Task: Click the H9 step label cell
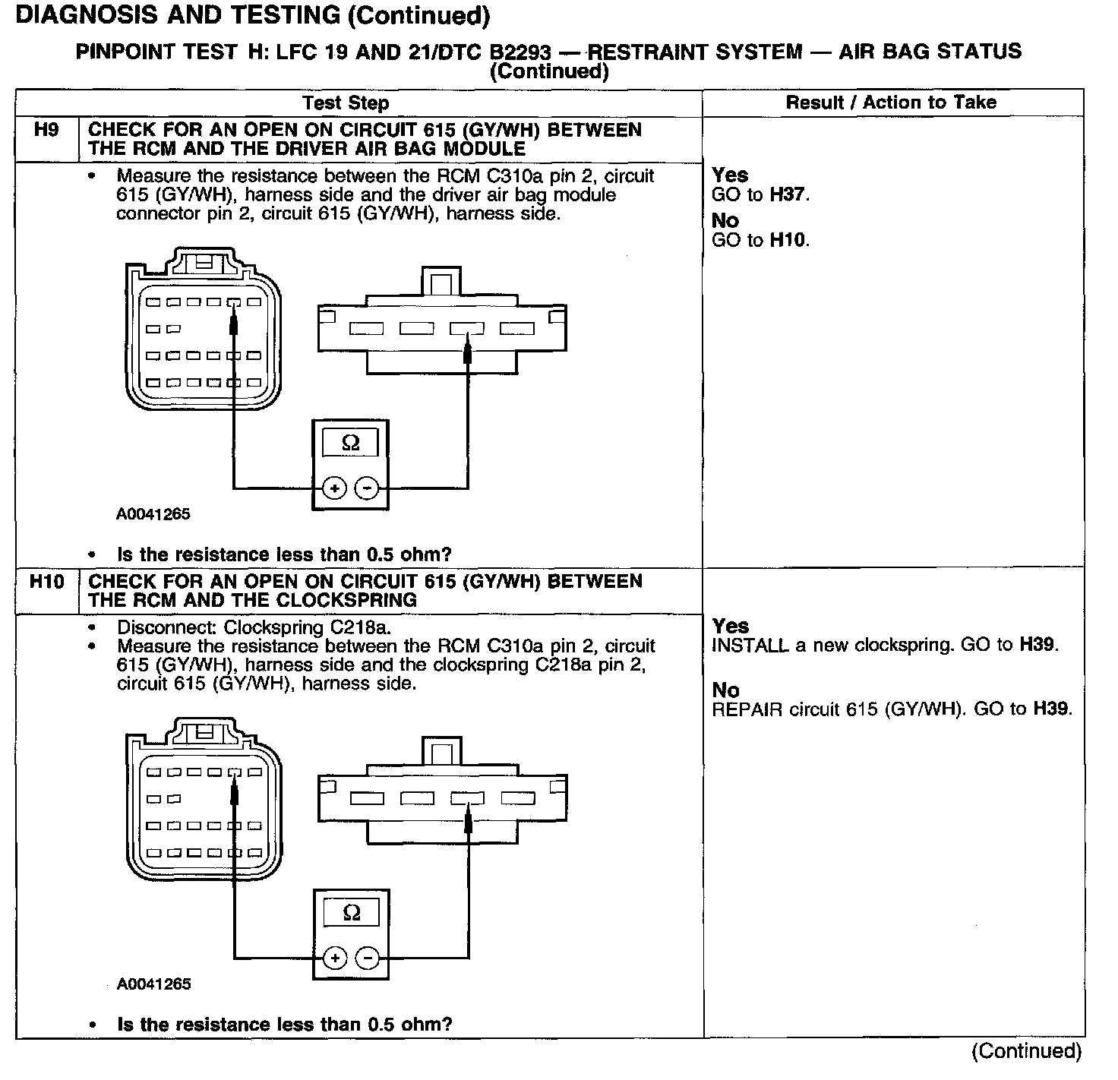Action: tap(46, 131)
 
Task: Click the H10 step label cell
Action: tap(46, 583)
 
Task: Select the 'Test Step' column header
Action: tap(346, 103)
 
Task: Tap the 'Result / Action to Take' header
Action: tap(891, 103)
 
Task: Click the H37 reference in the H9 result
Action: tap(788, 194)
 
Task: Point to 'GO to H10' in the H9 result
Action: tap(760, 241)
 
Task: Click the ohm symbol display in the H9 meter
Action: tap(350, 443)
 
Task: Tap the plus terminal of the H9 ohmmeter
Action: tap(334, 488)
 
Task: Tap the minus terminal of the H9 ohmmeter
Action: tap(367, 488)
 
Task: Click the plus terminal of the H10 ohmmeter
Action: tap(335, 958)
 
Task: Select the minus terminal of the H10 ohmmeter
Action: tap(368, 958)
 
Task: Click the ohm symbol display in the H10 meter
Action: tap(352, 913)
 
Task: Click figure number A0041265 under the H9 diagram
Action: tap(153, 514)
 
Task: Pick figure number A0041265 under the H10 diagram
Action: tap(154, 984)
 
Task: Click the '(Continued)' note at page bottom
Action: tap(1026, 1051)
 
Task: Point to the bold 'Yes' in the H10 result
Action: tap(731, 627)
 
